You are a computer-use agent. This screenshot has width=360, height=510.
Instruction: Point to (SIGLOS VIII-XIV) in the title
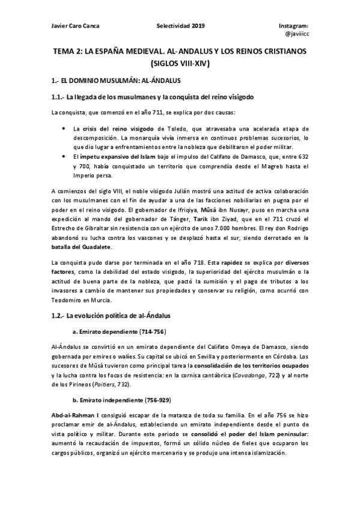pos(180,63)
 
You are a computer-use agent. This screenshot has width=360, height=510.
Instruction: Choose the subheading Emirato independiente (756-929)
pos(122,399)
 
